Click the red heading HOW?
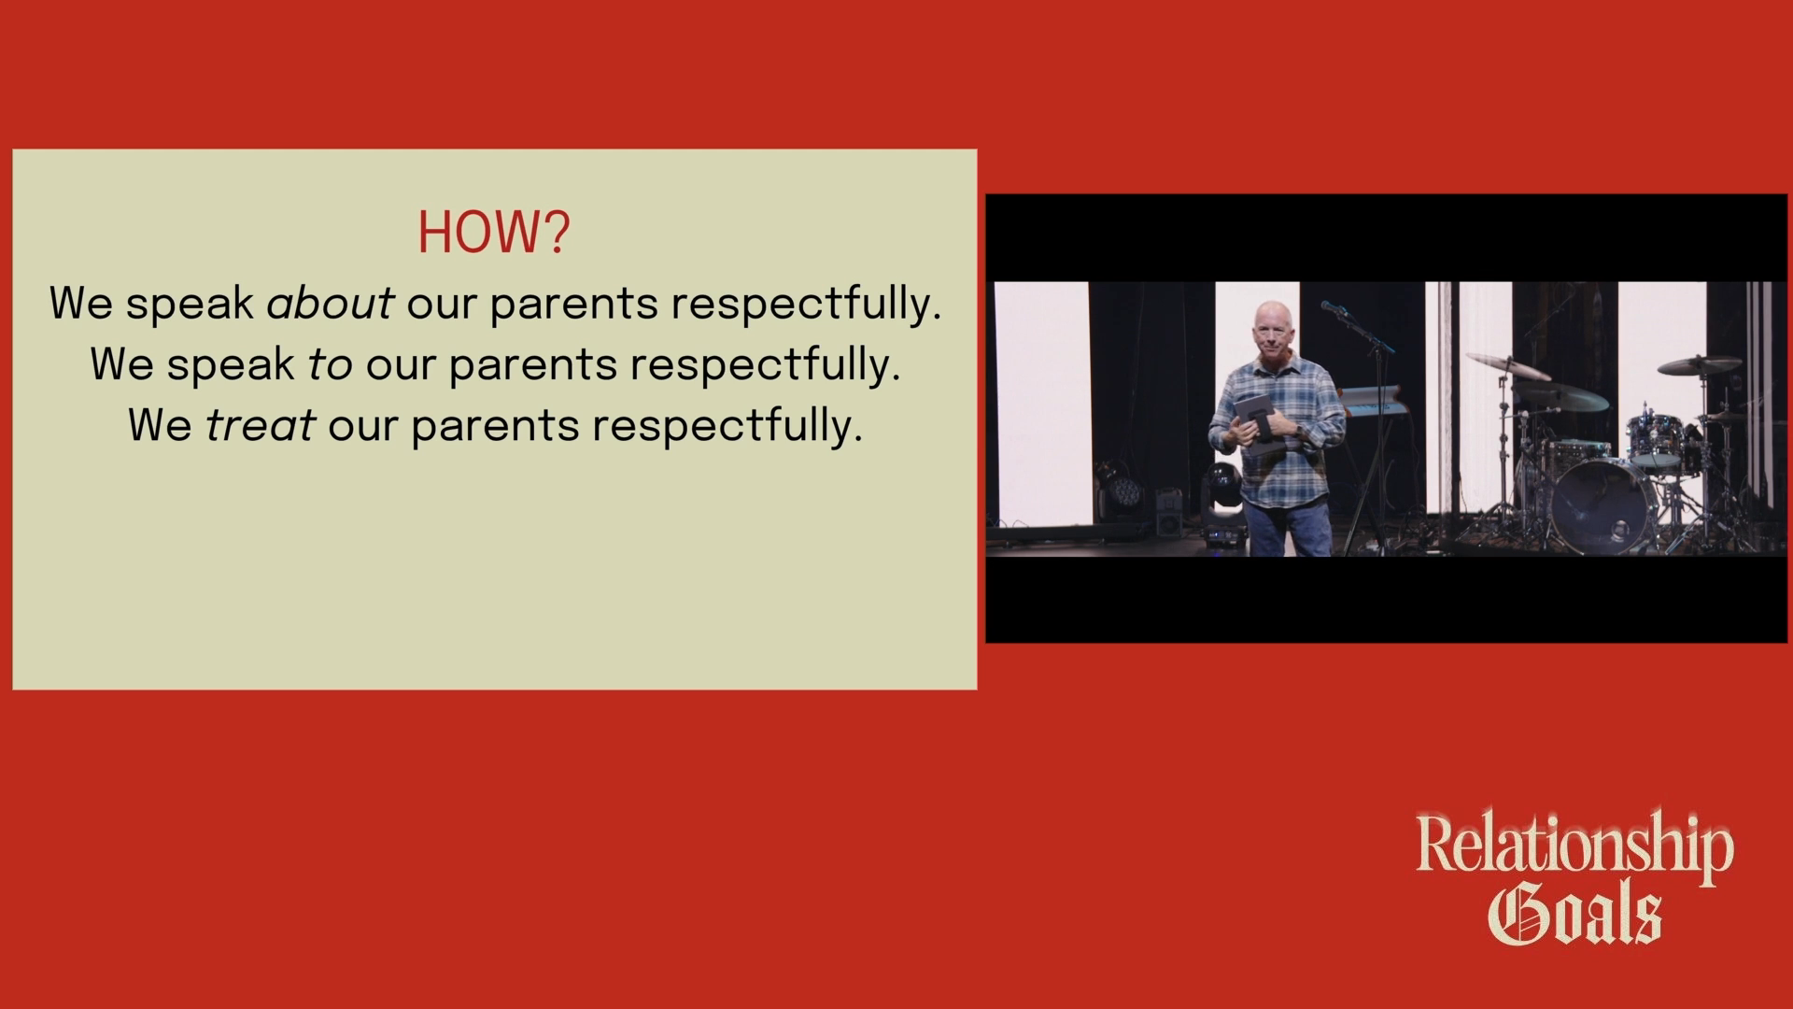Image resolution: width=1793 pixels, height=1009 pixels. (x=492, y=233)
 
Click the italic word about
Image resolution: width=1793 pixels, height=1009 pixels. (x=330, y=304)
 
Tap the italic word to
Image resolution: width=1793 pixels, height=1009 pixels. (x=330, y=364)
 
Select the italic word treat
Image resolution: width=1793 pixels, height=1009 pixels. (x=260, y=425)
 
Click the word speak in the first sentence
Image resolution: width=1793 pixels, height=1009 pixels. (x=190, y=304)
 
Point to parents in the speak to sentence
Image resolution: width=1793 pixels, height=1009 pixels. (x=533, y=364)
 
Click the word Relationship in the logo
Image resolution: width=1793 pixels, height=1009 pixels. (x=1574, y=846)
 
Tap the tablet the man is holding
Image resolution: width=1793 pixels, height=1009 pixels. (x=1252, y=425)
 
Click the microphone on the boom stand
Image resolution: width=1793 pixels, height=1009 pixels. (x=1334, y=308)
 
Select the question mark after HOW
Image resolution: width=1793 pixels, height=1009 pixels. (x=558, y=233)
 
